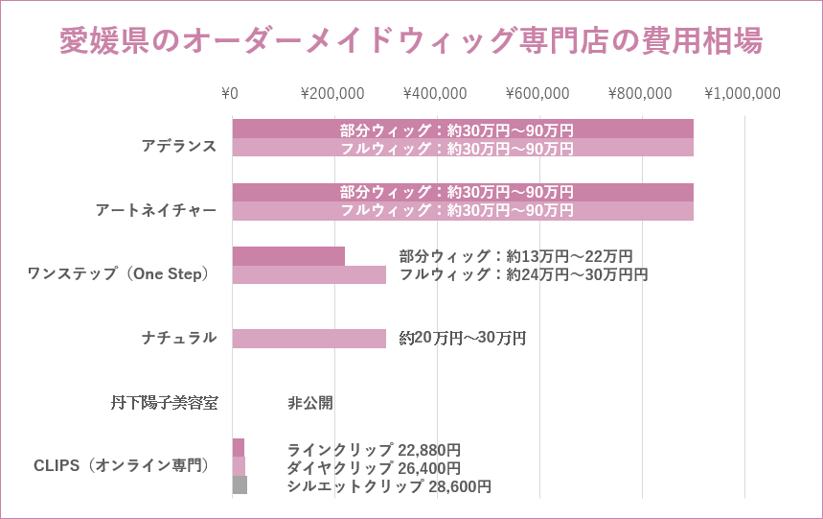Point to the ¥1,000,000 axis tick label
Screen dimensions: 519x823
tap(743, 94)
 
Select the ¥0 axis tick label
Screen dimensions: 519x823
tap(230, 94)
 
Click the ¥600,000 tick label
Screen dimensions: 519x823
tap(537, 94)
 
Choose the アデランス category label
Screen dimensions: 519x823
tap(179, 147)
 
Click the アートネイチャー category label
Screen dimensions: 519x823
tap(156, 210)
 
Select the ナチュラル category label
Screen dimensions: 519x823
tap(179, 338)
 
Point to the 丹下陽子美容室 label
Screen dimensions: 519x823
tap(164, 403)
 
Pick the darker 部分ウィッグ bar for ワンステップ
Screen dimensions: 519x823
tap(288, 256)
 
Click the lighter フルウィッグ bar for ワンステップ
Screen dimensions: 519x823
tap(309, 274)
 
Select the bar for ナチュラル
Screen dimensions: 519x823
tap(309, 339)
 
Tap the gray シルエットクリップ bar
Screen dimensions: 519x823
tap(240, 485)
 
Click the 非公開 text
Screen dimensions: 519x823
tap(310, 403)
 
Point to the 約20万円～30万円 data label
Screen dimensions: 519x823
tap(463, 339)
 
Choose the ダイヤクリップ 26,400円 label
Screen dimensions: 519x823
tap(374, 468)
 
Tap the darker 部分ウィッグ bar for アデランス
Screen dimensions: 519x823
tap(287, 129)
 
